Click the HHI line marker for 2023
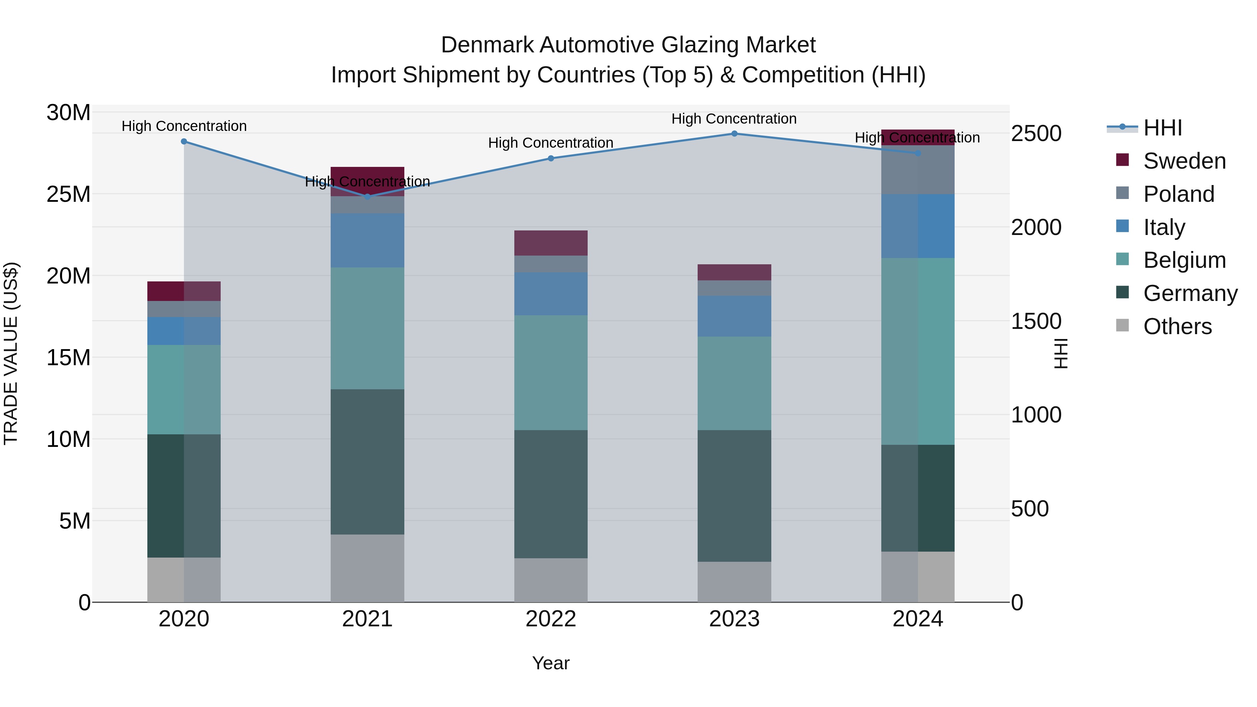point(734,134)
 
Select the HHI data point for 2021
point(367,197)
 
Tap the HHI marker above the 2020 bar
point(184,141)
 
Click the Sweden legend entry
point(1184,161)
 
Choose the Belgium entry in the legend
point(1184,260)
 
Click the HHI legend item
point(1162,128)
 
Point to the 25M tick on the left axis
point(68,194)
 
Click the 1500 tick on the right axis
point(1036,321)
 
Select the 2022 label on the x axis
point(550,619)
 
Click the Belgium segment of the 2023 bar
point(734,383)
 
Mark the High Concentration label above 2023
point(734,119)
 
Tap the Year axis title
point(550,663)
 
